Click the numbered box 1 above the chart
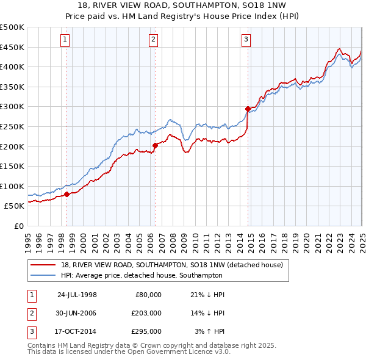pyautogui.click(x=65, y=40)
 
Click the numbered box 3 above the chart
pyautogui.click(x=246, y=40)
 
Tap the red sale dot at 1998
pyautogui.click(x=66, y=195)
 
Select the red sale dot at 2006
pyautogui.click(x=155, y=145)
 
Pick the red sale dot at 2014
pyautogui.click(x=248, y=109)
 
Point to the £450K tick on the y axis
pyautogui.click(x=12, y=47)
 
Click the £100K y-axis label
pyautogui.click(x=12, y=186)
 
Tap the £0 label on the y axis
pyautogui.click(x=18, y=226)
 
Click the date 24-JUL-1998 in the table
pyautogui.click(x=77, y=295)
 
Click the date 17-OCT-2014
pyautogui.click(x=77, y=331)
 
